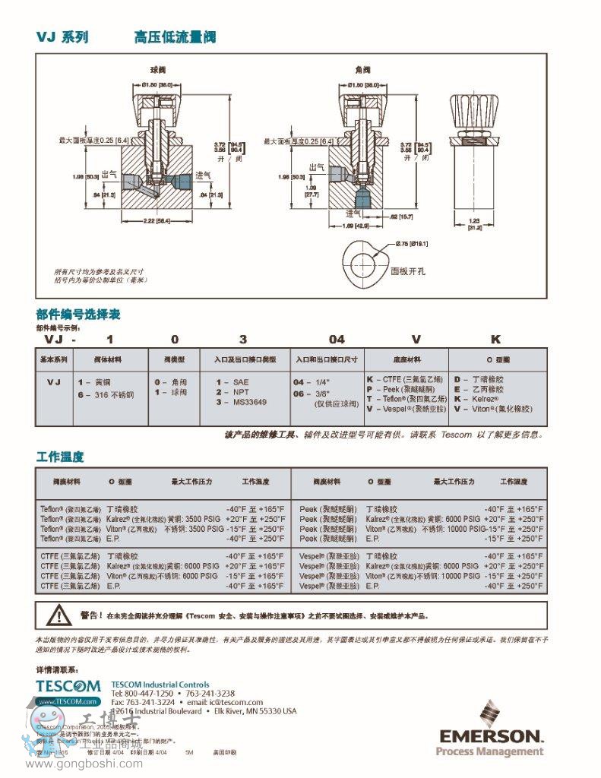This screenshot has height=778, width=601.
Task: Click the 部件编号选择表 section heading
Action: pos(77,314)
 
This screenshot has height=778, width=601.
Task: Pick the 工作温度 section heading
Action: pos(60,457)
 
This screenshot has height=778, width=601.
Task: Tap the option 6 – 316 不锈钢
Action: pos(106,395)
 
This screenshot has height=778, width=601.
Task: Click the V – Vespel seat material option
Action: pos(405,409)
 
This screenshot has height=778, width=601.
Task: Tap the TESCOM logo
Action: pos(68,685)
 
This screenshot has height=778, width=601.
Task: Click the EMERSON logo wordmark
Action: pos(490,735)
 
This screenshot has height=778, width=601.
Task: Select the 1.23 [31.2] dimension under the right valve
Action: pos(476,223)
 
